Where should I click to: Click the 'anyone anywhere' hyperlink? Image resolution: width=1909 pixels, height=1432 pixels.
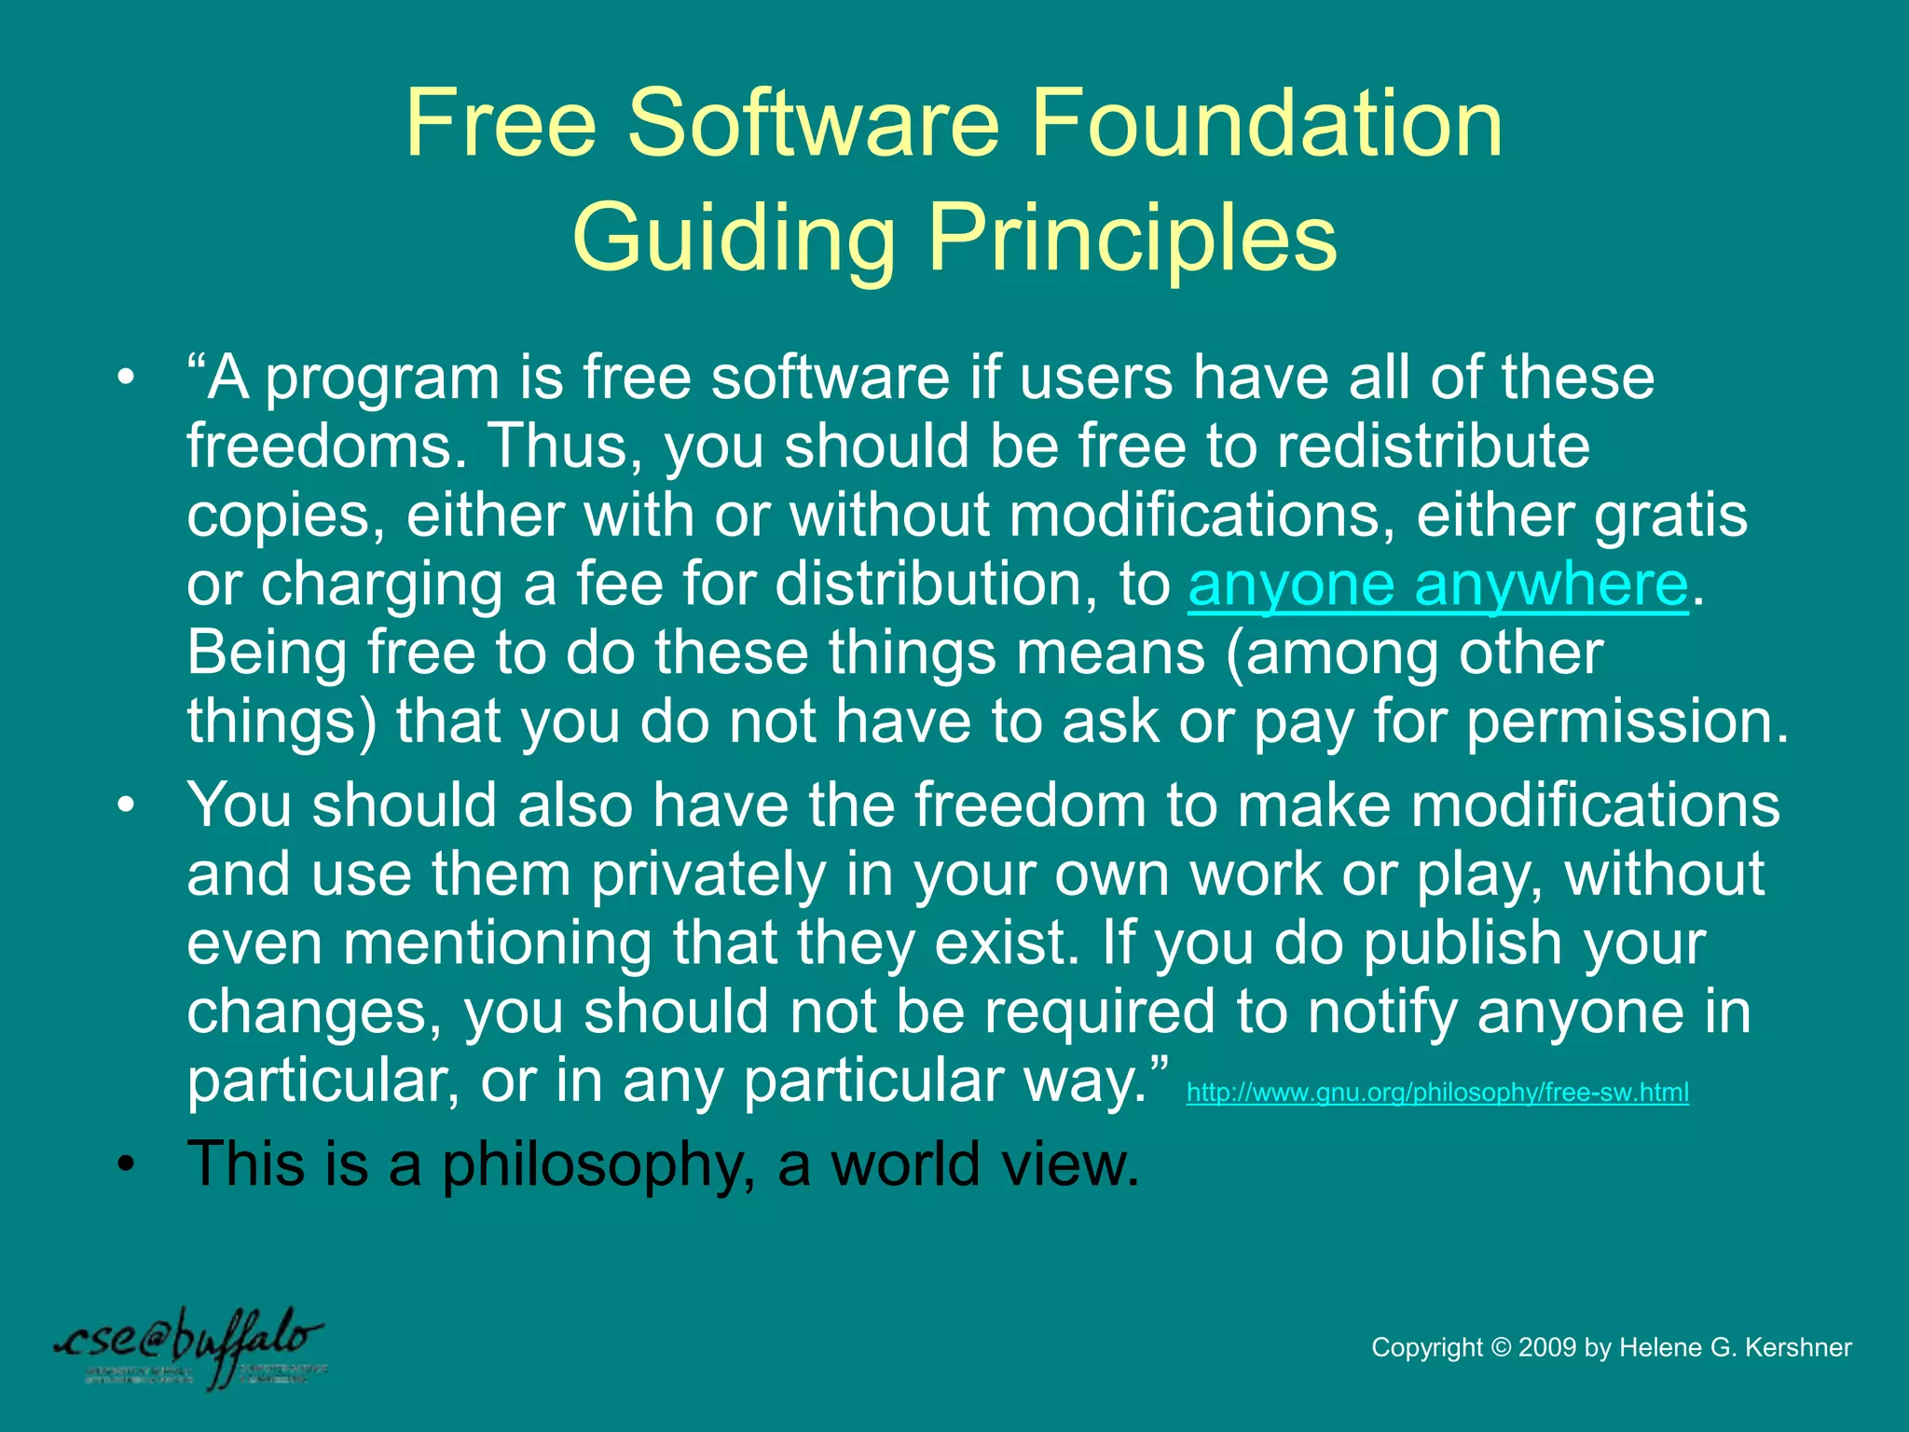tap(1437, 585)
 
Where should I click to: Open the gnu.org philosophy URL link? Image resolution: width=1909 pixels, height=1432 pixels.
tap(1436, 1092)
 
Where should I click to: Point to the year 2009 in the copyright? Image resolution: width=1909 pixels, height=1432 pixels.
tap(1546, 1348)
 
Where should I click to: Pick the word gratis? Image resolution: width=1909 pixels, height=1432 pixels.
tap(1670, 515)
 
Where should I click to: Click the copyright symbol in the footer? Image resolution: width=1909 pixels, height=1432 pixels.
tap(1500, 1348)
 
